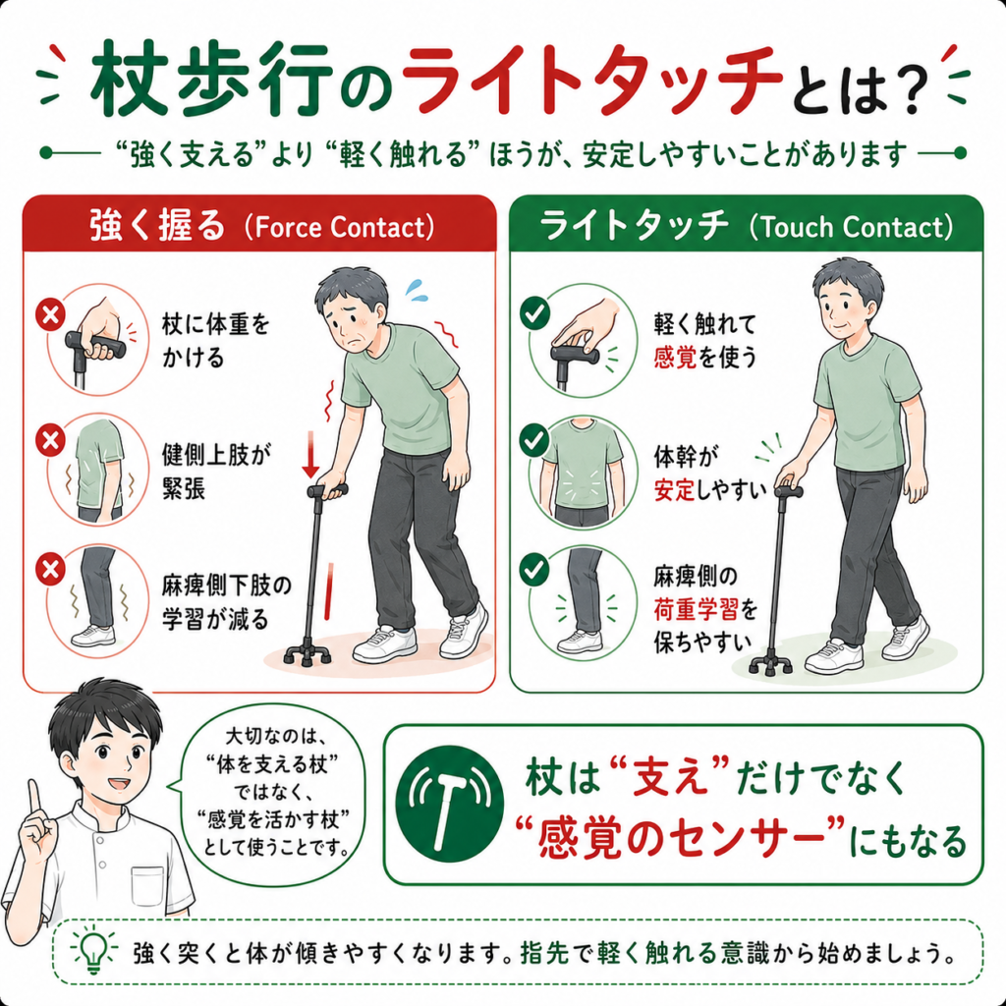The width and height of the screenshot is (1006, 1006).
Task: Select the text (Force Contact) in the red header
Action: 339,227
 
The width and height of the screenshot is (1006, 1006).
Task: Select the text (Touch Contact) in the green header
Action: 852,227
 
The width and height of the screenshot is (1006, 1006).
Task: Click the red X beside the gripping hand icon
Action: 51,315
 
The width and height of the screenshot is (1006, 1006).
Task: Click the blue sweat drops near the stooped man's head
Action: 415,290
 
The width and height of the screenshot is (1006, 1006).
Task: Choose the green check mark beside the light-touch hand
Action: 534,313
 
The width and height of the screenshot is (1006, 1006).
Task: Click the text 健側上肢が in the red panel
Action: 217,454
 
